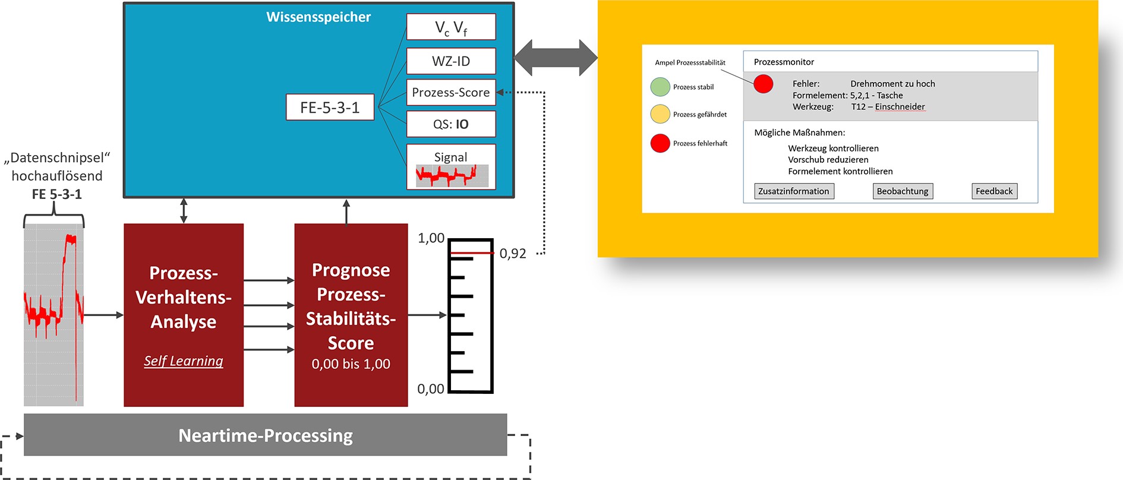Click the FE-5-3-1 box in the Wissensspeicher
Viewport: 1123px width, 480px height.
pos(330,108)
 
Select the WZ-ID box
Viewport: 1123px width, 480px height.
pos(451,61)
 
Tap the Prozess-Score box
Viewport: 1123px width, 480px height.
pos(451,92)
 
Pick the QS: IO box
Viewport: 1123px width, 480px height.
pos(451,124)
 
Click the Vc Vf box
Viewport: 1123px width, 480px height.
pos(451,27)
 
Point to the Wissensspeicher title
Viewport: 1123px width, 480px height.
pos(318,17)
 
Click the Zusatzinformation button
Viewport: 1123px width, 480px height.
pos(794,191)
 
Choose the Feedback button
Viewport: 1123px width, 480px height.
pos(994,191)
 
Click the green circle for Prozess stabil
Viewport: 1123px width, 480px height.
pos(660,87)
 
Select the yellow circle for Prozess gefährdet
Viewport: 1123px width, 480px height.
pos(660,114)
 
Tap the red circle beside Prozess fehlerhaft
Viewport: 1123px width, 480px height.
pos(660,143)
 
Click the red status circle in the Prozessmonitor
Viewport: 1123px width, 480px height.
pos(764,84)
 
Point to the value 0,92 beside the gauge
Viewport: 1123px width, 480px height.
pos(513,254)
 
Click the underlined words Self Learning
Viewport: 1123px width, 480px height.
pos(184,361)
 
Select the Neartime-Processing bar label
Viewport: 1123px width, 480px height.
pos(266,435)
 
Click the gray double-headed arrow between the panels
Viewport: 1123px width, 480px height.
pos(556,58)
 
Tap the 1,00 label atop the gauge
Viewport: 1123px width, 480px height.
pos(431,238)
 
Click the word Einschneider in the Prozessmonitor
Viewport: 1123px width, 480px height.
pos(900,107)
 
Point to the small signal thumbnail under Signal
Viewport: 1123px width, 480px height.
pos(452,176)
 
